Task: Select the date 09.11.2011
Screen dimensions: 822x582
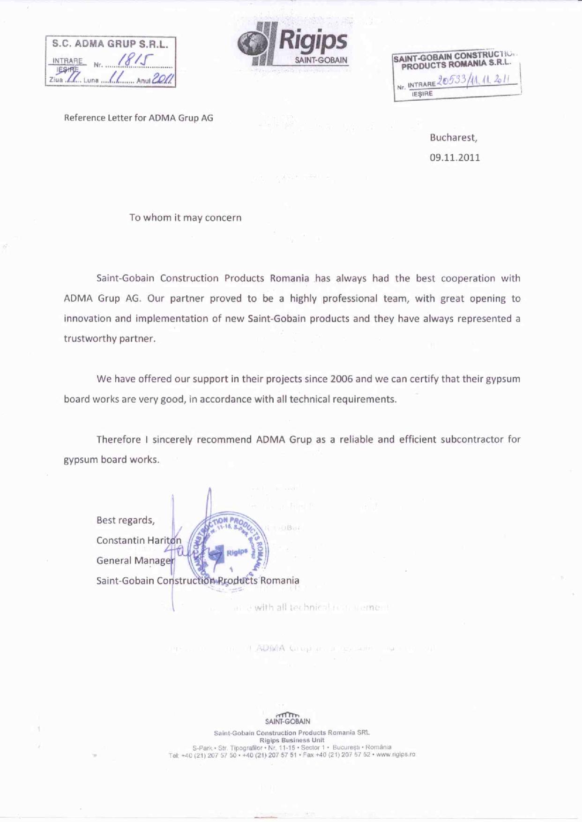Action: (455, 157)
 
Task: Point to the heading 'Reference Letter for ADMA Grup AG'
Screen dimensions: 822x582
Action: (138, 118)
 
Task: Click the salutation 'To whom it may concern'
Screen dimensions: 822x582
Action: (185, 218)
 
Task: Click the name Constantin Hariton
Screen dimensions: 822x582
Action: (139, 540)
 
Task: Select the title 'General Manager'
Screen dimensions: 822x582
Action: (135, 560)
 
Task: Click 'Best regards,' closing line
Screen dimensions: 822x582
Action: (125, 520)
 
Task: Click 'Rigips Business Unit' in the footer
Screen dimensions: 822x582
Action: (291, 740)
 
